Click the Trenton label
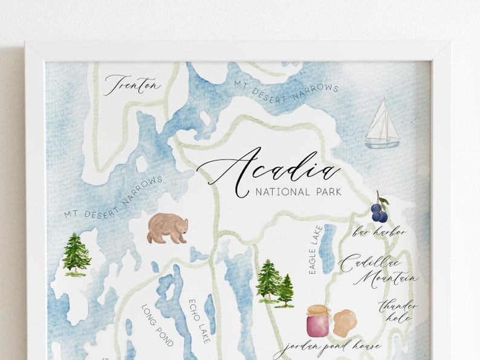point(133,85)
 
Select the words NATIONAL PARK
point(299,193)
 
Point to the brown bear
point(167,228)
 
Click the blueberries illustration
point(380,210)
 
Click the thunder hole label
point(398,310)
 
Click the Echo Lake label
point(199,320)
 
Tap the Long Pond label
point(157,325)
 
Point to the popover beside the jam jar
point(345,323)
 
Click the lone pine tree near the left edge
point(76,254)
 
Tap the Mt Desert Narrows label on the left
point(114,198)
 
